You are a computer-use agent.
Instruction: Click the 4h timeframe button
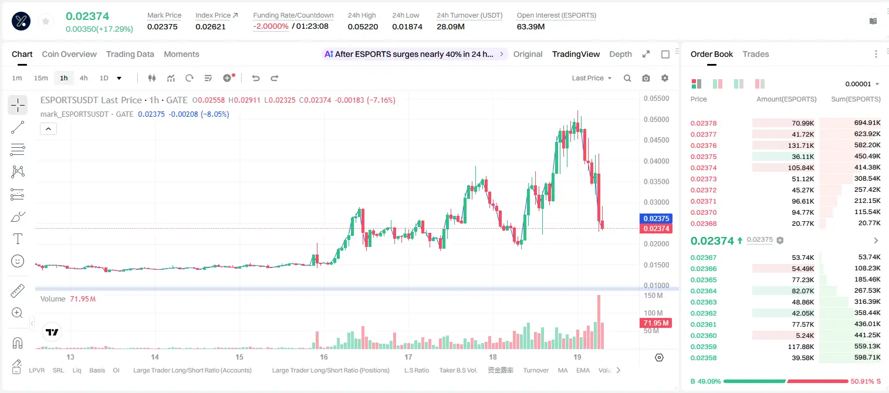pyautogui.click(x=83, y=78)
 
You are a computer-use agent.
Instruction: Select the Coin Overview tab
pyautogui.click(x=69, y=54)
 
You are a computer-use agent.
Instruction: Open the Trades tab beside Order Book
pyautogui.click(x=756, y=54)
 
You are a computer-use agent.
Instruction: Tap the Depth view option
pyautogui.click(x=620, y=54)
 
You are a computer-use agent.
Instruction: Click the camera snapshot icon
pyautogui.click(x=646, y=78)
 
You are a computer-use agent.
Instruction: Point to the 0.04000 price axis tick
pyautogui.click(x=657, y=161)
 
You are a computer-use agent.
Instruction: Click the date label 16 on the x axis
pyautogui.click(x=324, y=357)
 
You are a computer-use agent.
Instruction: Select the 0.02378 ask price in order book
pyautogui.click(x=704, y=123)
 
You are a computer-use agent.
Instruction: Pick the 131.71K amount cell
pyautogui.click(x=801, y=145)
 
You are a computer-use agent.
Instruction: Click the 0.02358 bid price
pyautogui.click(x=704, y=358)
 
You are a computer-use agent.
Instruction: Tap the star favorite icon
pyautogui.click(x=46, y=21)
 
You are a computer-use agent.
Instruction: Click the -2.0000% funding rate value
pyautogui.click(x=271, y=26)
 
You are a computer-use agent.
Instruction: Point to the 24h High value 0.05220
pyautogui.click(x=363, y=26)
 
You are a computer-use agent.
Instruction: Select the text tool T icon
pyautogui.click(x=18, y=239)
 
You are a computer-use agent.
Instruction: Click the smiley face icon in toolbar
pyautogui.click(x=18, y=261)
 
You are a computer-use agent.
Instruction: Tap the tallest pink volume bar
pyautogui.click(x=599, y=322)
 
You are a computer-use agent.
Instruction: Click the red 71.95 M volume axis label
pyautogui.click(x=655, y=323)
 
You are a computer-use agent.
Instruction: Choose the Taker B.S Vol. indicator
pyautogui.click(x=458, y=370)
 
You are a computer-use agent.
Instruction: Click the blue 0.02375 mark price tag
pyautogui.click(x=656, y=219)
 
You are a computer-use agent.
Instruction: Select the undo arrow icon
pyautogui.click(x=256, y=78)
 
